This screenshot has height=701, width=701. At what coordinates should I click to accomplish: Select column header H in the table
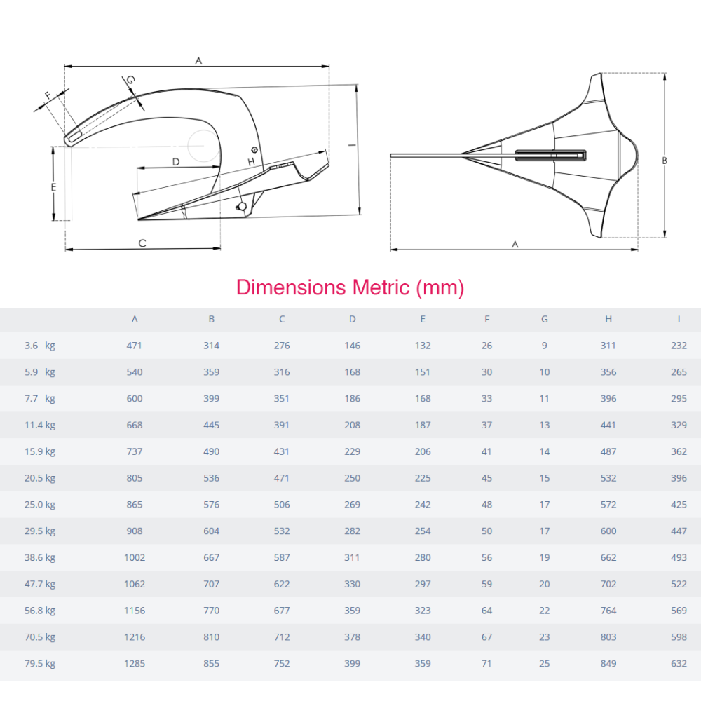[x=608, y=319]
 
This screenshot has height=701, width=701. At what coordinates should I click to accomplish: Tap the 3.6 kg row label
[x=40, y=346]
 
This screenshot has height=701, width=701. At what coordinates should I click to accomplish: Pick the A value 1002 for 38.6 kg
[x=135, y=557]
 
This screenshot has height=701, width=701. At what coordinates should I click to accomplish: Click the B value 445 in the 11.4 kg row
[x=212, y=426]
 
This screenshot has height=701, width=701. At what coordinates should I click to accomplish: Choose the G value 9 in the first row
[x=545, y=346]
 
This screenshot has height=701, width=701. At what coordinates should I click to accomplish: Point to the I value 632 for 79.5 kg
[x=679, y=663]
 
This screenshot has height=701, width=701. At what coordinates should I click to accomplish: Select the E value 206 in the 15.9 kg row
[x=423, y=451]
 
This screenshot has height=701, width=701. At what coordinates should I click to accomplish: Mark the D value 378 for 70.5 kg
[x=353, y=637]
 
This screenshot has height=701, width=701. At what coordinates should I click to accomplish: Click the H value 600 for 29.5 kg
[x=608, y=531]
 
